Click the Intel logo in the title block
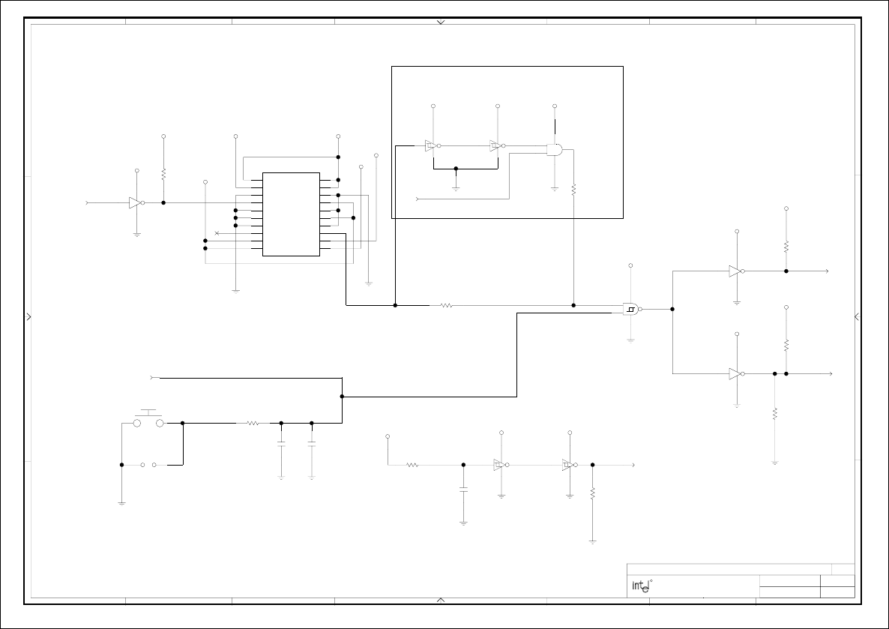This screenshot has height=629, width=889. click(x=640, y=586)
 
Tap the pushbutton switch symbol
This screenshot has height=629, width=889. click(x=148, y=420)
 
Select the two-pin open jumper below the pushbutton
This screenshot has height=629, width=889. click(x=148, y=465)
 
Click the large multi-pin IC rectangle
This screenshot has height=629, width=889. click(x=292, y=214)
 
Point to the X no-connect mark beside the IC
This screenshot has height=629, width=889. click(x=217, y=233)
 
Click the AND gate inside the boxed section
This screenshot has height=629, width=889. click(x=555, y=149)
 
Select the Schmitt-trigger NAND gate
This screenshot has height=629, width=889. click(x=631, y=309)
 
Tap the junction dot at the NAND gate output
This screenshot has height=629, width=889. click(x=672, y=309)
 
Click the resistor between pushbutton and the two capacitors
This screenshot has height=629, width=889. click(x=253, y=424)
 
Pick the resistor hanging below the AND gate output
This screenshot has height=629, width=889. click(x=573, y=190)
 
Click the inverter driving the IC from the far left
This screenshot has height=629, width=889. click(x=135, y=202)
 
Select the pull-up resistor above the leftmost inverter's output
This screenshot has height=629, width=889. click(x=163, y=173)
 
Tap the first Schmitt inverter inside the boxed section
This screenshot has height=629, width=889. click(x=431, y=146)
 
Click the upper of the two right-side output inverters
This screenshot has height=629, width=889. click(x=735, y=271)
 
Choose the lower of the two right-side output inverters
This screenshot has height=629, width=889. click(x=735, y=373)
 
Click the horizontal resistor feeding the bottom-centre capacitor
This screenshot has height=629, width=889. click(x=412, y=465)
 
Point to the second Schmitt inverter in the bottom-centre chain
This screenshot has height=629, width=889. click(x=568, y=465)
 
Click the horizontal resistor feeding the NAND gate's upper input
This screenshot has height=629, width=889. click(x=447, y=305)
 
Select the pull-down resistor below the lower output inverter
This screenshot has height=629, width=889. click(x=775, y=413)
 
